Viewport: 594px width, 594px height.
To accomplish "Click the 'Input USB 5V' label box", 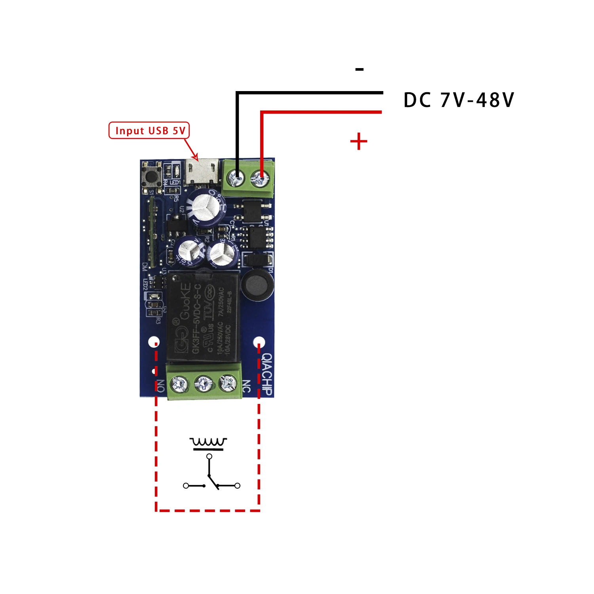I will click(x=149, y=130).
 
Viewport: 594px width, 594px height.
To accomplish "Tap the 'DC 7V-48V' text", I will click(x=459, y=100).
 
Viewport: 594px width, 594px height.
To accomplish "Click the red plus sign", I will click(x=359, y=141).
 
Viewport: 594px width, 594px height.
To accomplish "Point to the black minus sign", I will click(x=359, y=70).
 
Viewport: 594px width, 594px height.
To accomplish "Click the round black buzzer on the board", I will click(x=257, y=286).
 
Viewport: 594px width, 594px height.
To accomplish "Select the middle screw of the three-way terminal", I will click(x=204, y=383).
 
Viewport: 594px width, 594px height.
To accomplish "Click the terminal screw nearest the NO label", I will click(x=179, y=383).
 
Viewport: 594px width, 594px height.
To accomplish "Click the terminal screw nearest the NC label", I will click(x=228, y=383).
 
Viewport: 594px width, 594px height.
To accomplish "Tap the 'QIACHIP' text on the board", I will click(x=268, y=374).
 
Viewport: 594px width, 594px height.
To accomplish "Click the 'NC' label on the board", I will click(x=246, y=386).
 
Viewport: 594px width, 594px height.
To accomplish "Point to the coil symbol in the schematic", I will click(x=208, y=442).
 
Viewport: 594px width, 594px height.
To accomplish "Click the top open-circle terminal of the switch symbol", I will click(x=209, y=457).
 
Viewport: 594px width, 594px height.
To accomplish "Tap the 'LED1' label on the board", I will click(x=175, y=182).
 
